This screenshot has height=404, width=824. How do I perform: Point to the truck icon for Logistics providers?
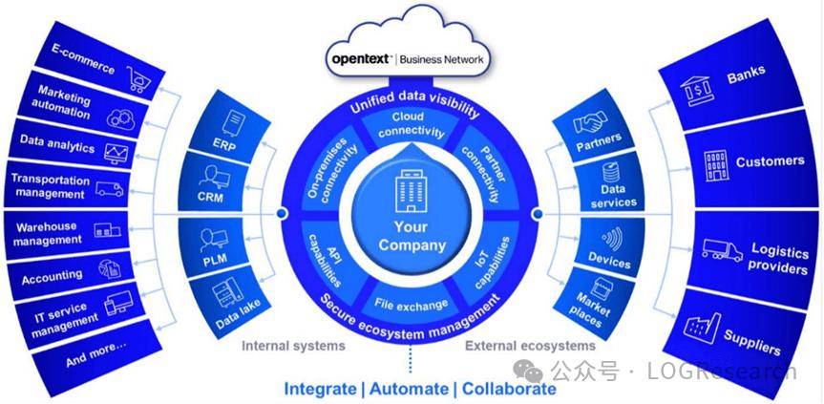point(722,250)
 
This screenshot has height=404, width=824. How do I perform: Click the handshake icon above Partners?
point(592,123)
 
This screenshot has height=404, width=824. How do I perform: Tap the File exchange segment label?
point(412,305)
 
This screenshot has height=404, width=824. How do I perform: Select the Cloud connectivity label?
point(412,124)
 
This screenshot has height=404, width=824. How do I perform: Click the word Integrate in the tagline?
point(321,389)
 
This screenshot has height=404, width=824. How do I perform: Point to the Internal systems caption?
point(293,346)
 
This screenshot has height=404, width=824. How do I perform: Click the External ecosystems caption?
point(530,346)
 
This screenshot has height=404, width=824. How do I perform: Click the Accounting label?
point(53,275)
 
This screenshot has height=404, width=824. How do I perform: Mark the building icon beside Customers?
point(714,165)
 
